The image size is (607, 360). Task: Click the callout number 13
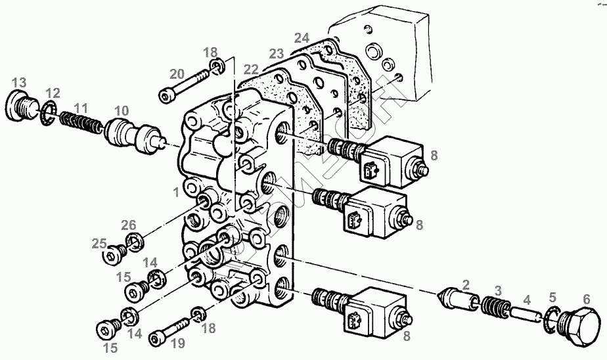point(19,82)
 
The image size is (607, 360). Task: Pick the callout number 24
point(301,37)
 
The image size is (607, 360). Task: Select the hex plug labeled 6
point(582,326)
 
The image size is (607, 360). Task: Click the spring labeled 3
point(493,306)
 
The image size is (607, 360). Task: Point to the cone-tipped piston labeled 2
point(455,300)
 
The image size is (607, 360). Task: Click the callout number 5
point(552,296)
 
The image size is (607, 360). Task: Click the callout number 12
point(53,93)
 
